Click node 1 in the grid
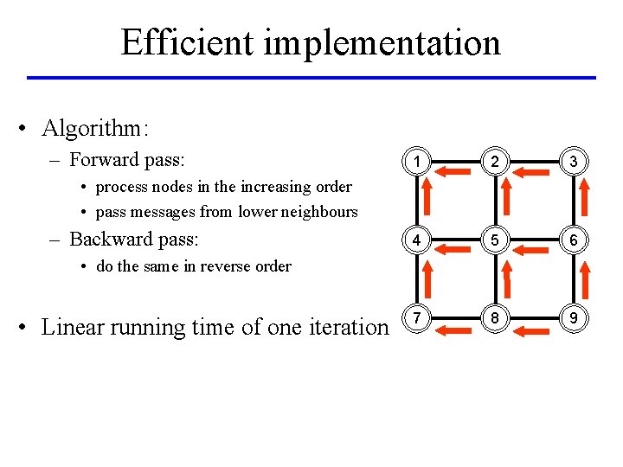[x=417, y=161]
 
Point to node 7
[x=417, y=319]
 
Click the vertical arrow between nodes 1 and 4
[x=429, y=198]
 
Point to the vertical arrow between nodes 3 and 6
[x=586, y=198]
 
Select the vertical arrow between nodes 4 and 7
[x=429, y=278]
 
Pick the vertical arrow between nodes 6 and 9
[x=586, y=278]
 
